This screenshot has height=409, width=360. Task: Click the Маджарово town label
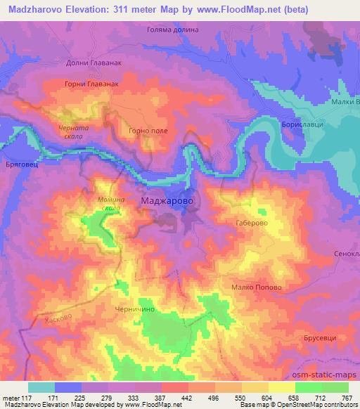tap(172, 201)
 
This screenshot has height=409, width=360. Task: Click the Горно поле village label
tap(146, 130)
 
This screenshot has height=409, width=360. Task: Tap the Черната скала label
tap(73, 131)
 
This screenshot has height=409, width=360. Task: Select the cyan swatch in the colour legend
tap(41, 387)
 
